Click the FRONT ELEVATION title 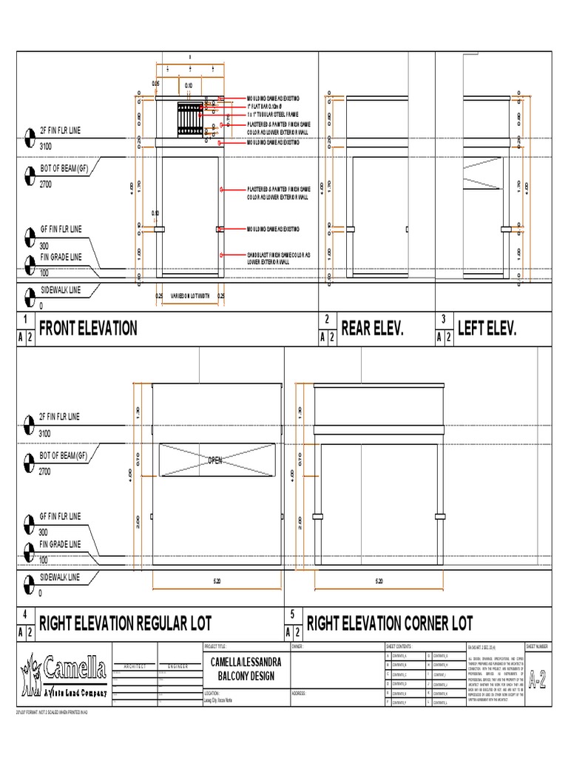[x=87, y=329]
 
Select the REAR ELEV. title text [x=371, y=329]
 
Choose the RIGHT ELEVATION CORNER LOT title [x=389, y=623]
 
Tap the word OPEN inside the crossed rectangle [x=215, y=460]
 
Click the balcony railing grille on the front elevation [x=189, y=119]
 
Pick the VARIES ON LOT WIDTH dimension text [x=191, y=295]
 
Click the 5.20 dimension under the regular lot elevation [x=217, y=581]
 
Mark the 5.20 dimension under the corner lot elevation [x=379, y=581]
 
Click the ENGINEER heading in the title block [x=177, y=666]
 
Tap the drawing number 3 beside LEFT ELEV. [x=442, y=319]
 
